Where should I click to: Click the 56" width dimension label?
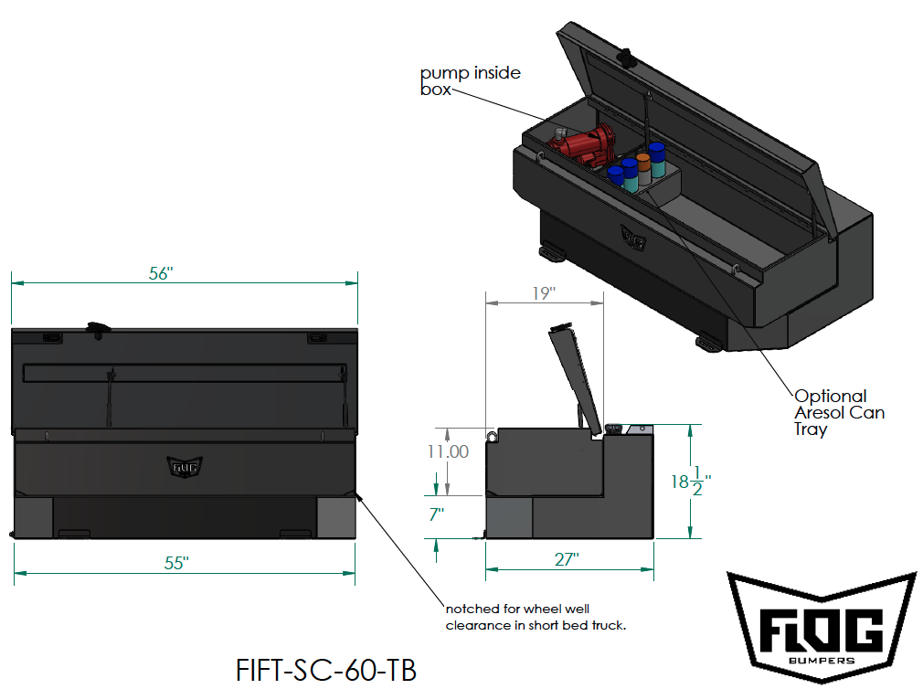point(161,273)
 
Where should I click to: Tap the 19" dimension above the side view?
point(543,292)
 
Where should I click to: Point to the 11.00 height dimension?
point(447,451)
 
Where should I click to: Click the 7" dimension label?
point(436,515)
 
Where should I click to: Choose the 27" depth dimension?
point(567,559)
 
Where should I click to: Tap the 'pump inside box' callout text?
point(470,80)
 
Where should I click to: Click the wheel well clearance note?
point(535,617)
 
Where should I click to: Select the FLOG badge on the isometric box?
point(633,237)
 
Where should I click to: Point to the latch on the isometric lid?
point(628,57)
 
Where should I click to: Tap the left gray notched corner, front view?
point(33,518)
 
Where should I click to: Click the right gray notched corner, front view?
point(335,518)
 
